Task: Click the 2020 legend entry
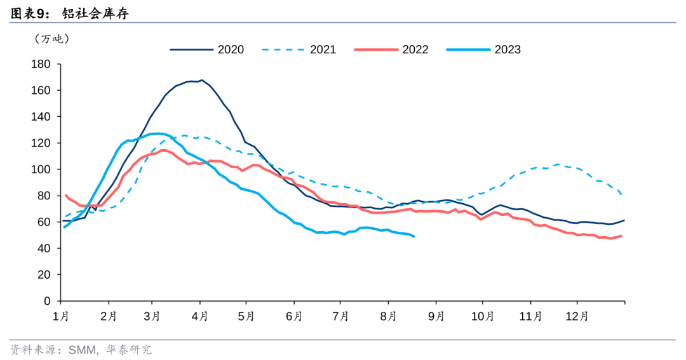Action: [206, 50]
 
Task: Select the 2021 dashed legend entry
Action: [299, 50]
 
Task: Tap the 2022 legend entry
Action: [391, 50]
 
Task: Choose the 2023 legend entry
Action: [483, 50]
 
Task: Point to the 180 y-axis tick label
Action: [41, 64]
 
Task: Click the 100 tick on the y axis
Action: [41, 170]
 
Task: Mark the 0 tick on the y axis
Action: [47, 301]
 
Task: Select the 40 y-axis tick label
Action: [44, 248]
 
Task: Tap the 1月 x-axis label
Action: [61, 316]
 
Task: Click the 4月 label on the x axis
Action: [200, 316]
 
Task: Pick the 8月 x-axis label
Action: [388, 316]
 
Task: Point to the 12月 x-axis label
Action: [577, 316]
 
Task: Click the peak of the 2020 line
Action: [202, 80]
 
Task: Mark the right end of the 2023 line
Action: [414, 237]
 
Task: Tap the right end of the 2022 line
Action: [621, 236]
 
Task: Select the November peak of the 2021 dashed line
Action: [558, 164]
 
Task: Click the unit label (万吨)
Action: [51, 39]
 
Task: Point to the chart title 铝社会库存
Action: [95, 13]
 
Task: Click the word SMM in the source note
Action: [82, 350]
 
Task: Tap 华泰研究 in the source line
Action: [129, 350]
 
